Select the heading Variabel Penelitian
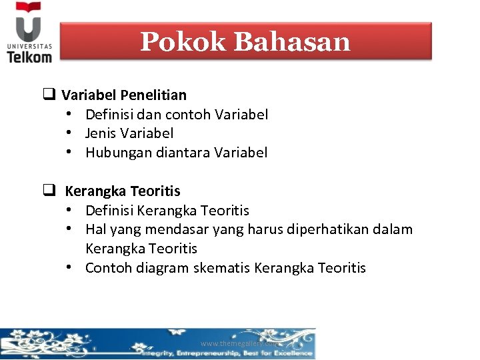click(124, 95)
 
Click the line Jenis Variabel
click(129, 133)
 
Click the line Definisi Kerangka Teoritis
click(167, 211)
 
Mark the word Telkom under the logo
click(29, 57)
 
